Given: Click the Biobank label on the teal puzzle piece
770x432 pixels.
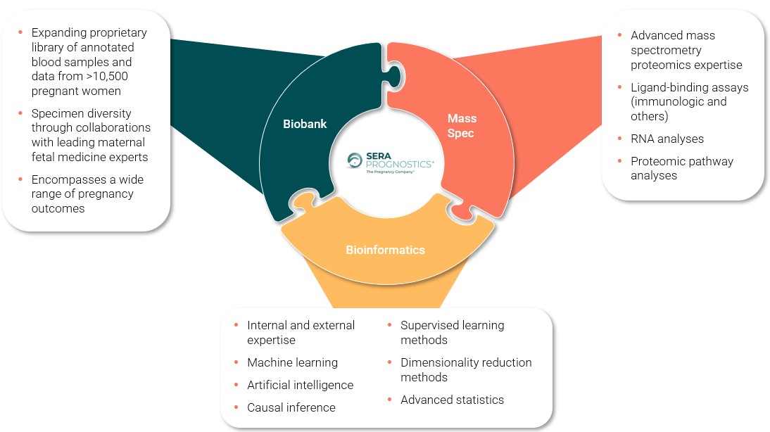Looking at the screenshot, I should (x=304, y=124).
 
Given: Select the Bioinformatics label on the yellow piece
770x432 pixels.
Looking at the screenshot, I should (x=385, y=250).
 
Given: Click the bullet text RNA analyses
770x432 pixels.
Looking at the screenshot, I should (x=667, y=139).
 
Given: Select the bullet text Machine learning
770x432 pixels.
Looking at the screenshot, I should (x=292, y=362).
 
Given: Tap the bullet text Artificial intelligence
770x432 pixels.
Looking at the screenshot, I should (x=300, y=385).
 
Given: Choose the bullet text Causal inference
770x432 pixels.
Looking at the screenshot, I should (x=291, y=407).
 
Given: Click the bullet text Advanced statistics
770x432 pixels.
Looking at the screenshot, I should (x=452, y=400).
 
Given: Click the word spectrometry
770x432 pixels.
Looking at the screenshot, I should (x=666, y=50).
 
